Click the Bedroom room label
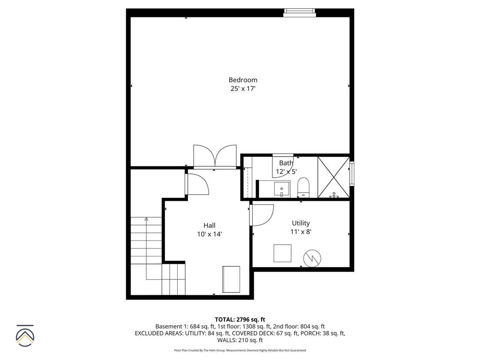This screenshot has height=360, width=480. (x=243, y=80)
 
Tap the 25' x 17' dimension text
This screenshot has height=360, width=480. (x=243, y=89)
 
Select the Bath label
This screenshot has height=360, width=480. (x=286, y=163)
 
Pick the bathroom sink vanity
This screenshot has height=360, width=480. (x=281, y=189)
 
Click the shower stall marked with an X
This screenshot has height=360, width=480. (x=333, y=177)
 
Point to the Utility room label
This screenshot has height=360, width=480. (x=300, y=223)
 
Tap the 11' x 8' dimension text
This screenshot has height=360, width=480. (x=300, y=232)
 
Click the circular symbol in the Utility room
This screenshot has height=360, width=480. (x=312, y=258)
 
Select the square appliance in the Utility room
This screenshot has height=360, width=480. (x=283, y=253)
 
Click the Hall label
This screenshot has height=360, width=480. (x=210, y=225)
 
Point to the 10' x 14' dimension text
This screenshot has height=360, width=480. (x=210, y=233)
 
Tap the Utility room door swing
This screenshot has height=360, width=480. (x=262, y=215)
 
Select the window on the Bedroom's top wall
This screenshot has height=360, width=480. (x=300, y=12)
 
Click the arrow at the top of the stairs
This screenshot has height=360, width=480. (x=146, y=219)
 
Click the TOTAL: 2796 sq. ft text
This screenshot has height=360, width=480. (x=240, y=319)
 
